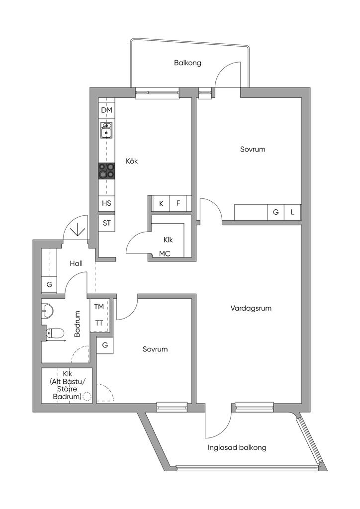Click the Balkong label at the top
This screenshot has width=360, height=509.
(187, 63)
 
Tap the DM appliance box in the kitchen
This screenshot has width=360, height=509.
(106, 110)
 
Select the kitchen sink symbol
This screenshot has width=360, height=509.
(106, 131)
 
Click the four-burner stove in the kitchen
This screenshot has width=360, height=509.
(106, 171)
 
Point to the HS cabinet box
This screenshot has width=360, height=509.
(106, 203)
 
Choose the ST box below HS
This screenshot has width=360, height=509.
(106, 223)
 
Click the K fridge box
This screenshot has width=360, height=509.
(161, 203)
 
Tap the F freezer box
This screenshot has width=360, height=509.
(178, 203)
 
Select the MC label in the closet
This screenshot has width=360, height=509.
(165, 254)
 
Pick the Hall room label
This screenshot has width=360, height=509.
(76, 264)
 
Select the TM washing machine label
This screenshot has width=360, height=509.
(99, 307)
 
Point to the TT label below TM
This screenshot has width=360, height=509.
(99, 323)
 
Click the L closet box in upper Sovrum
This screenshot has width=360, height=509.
(293, 212)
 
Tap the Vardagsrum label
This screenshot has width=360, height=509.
(251, 308)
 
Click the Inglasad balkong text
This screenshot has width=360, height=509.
(237, 447)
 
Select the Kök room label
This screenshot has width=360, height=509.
(131, 161)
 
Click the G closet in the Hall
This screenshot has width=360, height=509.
(49, 285)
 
